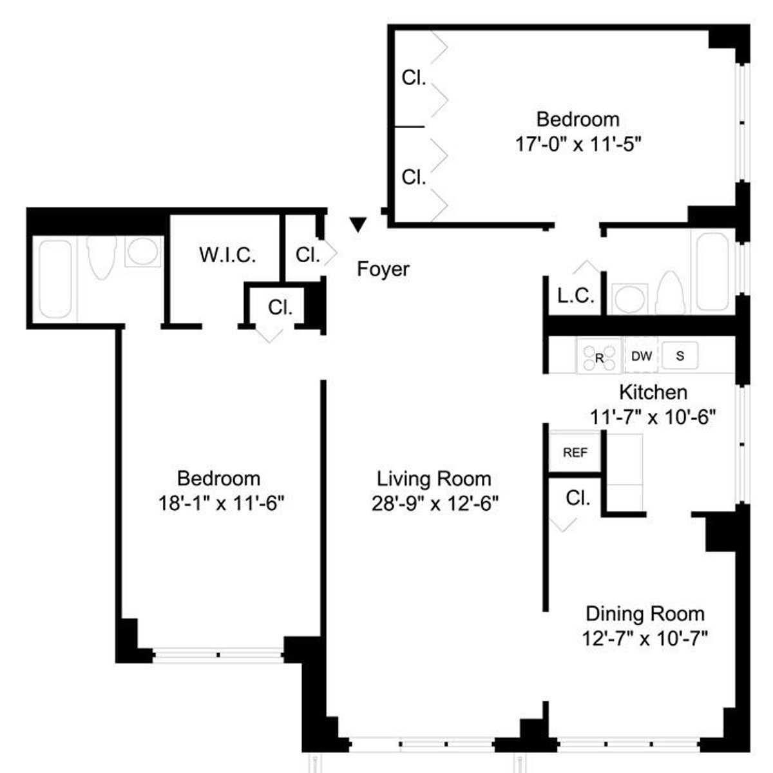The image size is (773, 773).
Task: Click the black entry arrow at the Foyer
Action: [x=358, y=224]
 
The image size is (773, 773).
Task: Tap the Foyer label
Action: [x=383, y=269]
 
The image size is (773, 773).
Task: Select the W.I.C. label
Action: [x=227, y=254]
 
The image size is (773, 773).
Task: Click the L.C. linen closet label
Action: [x=575, y=296]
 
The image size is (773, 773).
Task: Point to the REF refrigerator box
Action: [x=575, y=452]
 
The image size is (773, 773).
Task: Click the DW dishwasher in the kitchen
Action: [x=642, y=356]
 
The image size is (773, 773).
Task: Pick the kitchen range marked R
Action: [x=599, y=356]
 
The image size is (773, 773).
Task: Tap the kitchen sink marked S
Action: [x=680, y=356]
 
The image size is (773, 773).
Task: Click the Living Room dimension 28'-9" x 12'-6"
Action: [x=434, y=504]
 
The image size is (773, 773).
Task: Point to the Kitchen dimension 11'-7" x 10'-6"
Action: [x=653, y=417]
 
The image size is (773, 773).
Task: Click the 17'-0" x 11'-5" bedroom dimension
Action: [x=578, y=144]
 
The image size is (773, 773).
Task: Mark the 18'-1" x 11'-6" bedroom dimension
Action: [x=221, y=503]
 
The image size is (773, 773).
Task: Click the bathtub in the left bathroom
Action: [x=55, y=279]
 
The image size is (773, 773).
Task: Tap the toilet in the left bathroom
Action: [x=102, y=257]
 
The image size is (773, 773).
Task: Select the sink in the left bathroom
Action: [x=143, y=251]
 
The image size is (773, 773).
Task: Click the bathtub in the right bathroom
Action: [x=712, y=272]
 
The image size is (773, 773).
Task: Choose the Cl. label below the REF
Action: [x=578, y=498]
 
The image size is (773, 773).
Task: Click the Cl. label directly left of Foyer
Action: [x=308, y=254]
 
